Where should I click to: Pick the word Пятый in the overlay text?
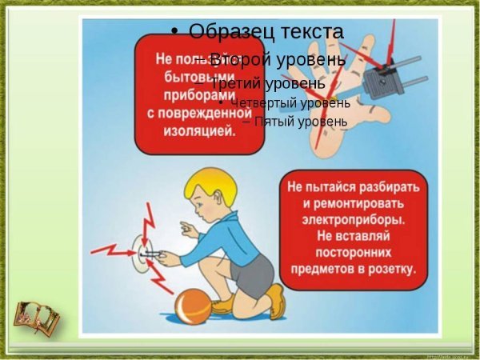click(276, 122)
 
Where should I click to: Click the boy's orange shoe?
click(275, 302)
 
